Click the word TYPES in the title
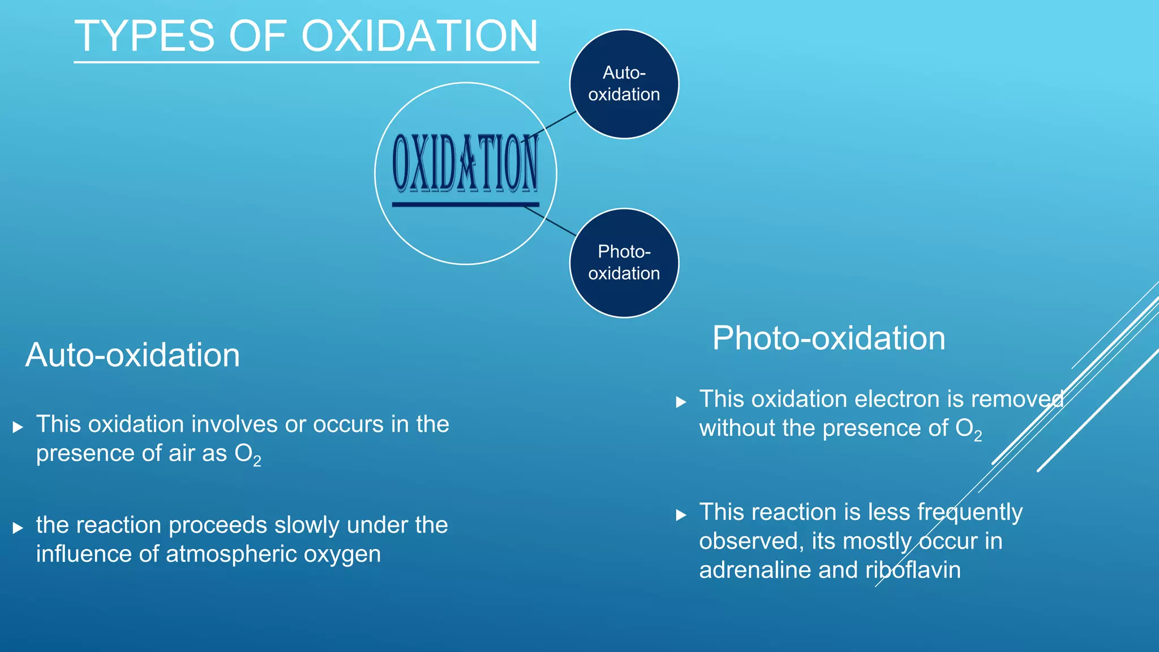coord(144,36)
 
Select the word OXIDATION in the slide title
coord(419,36)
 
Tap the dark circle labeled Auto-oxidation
coord(624,84)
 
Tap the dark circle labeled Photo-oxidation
coord(624,263)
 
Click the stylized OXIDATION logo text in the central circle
coord(465,163)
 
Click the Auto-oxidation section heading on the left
coord(132,355)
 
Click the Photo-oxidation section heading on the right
coord(829,338)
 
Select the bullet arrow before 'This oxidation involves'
coord(18,427)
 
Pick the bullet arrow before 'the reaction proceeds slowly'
coord(18,528)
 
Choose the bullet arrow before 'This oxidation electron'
coord(681,402)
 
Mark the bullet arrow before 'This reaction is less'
coord(681,515)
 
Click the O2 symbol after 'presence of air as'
coord(248,454)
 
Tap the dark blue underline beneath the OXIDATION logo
coord(465,204)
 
